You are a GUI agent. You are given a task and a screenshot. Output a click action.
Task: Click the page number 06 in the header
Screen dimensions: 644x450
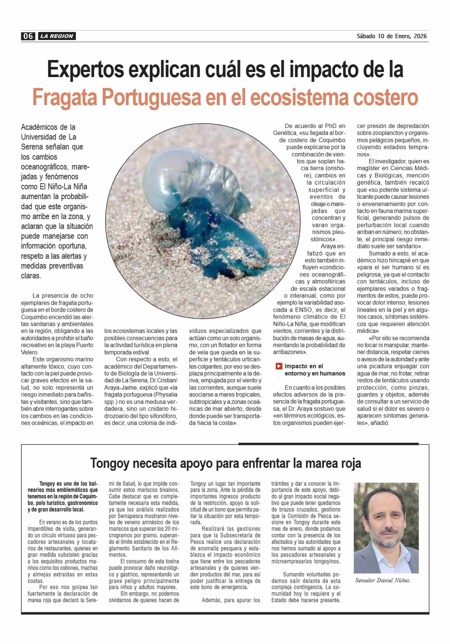coord(28,36)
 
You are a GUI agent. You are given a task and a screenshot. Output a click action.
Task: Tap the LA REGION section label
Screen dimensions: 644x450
coord(57,36)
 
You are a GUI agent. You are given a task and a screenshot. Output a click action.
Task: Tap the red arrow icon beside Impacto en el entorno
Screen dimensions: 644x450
coord(279,366)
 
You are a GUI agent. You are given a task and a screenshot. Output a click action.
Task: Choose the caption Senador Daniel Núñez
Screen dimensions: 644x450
coord(382,580)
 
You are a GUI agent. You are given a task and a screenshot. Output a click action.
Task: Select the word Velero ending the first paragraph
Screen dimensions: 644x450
coord(29,352)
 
